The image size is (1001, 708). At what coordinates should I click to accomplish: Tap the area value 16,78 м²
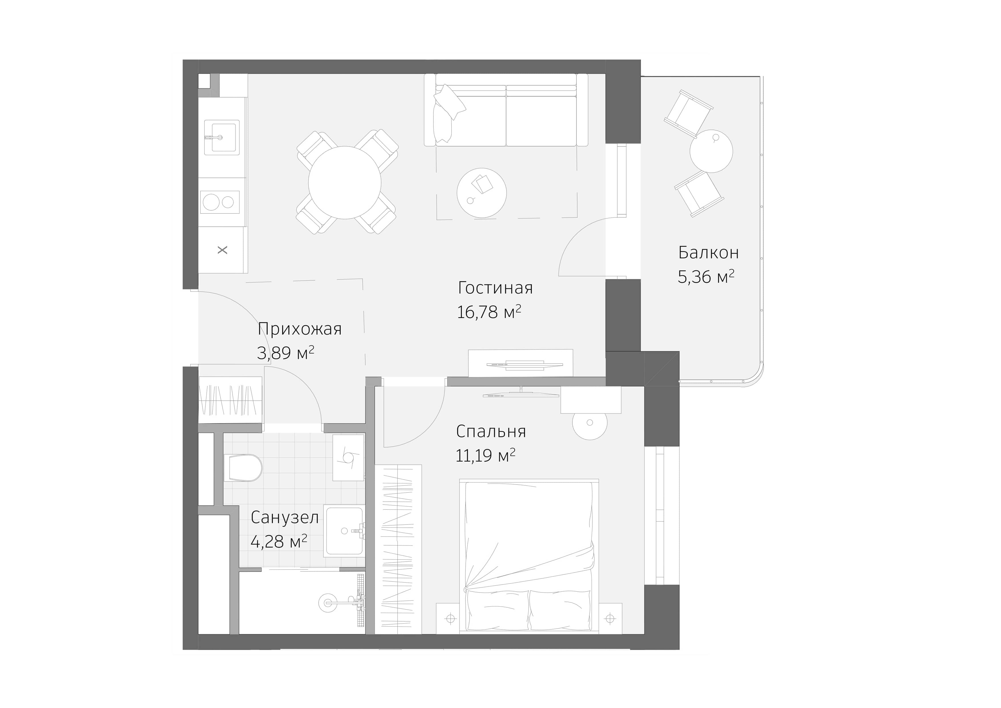coord(489,312)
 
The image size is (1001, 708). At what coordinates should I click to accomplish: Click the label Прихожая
coord(300,329)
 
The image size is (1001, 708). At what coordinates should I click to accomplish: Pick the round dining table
coord(344,183)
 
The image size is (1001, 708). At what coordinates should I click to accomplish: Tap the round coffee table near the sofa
coord(481,193)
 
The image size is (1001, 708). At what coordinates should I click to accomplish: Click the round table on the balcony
coord(711,151)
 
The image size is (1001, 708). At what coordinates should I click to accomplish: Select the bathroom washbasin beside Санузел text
coord(344,531)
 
